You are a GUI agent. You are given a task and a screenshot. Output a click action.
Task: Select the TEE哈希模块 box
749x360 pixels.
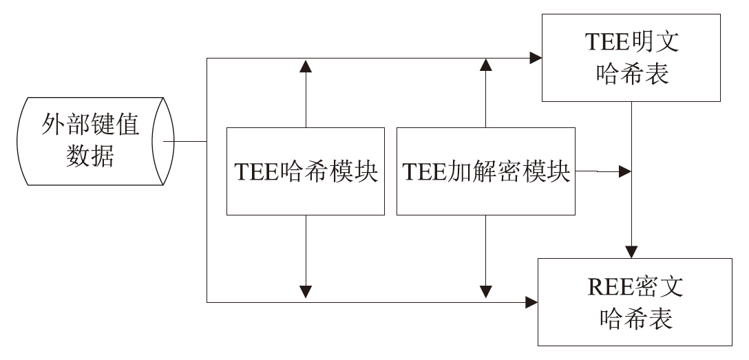[x=306, y=170]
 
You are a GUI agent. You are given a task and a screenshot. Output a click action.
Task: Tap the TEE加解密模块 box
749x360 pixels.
[x=487, y=170]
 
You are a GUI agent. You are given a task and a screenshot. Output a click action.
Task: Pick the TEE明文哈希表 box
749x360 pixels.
[x=631, y=58]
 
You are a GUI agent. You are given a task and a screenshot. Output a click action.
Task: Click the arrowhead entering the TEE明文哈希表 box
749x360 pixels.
[x=535, y=59]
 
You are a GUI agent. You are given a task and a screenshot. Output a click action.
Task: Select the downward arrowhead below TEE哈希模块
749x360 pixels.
[x=306, y=291]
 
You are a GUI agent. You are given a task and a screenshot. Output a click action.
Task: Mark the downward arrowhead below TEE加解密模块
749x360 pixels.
[x=487, y=291]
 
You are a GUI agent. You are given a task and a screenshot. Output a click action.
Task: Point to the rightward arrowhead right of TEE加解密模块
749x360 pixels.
[x=625, y=171]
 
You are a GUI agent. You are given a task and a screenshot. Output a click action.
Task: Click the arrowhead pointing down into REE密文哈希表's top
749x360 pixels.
[x=631, y=251]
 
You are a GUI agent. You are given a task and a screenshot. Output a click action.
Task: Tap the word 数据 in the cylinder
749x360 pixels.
[x=90, y=156]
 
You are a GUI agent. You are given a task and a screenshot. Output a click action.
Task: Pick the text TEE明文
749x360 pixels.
[x=631, y=43]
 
